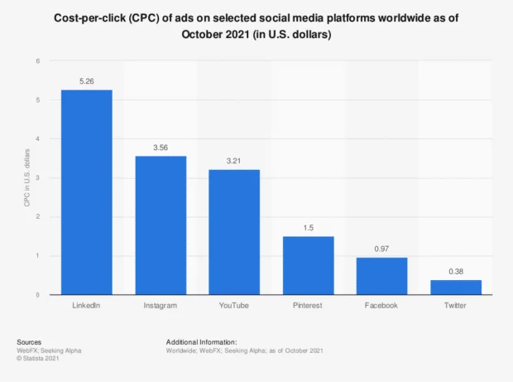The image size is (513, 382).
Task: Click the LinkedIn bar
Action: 87,192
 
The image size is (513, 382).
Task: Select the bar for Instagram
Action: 161,225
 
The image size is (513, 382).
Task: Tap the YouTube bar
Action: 234,232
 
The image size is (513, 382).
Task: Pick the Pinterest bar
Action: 308,265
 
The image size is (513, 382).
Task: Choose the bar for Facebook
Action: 381,276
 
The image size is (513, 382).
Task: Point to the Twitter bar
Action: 455,288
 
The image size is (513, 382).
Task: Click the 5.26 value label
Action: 87,81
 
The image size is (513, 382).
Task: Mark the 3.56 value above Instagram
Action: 161,147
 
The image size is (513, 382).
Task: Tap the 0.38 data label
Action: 455,272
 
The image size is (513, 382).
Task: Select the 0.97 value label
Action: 381,249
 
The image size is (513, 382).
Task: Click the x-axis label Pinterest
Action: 308,306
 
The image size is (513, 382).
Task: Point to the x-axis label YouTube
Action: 234,306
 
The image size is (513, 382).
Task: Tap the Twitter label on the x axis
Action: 455,306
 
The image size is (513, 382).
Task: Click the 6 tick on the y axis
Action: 37,61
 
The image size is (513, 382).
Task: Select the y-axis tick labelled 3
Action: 37,178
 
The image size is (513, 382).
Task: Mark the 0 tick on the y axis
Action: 37,295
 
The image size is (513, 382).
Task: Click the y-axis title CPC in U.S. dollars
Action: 26,178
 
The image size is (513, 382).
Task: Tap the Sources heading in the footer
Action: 30,341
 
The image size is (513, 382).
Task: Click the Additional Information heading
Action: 202,341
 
